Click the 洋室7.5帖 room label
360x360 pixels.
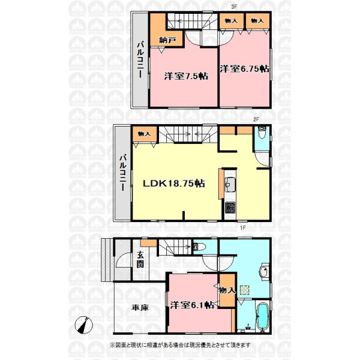[186, 76]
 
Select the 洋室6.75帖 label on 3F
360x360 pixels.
[244, 68]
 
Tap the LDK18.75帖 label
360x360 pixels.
[174, 183]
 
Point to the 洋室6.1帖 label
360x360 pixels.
[192, 305]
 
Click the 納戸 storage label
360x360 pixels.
[167, 40]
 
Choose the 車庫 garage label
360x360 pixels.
[140, 307]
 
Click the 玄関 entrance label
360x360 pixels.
[140, 260]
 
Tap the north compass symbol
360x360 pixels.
[84, 325]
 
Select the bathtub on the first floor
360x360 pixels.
[262, 317]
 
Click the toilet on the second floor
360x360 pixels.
[262, 133]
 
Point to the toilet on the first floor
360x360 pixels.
[200, 247]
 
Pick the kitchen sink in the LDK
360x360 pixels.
[230, 185]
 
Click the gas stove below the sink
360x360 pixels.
[230, 208]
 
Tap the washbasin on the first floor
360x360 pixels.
[264, 272]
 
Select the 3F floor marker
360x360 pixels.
[234, 7]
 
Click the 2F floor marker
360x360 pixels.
[256, 119]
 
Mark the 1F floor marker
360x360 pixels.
[243, 227]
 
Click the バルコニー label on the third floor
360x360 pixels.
[140, 59]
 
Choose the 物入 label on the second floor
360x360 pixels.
[144, 134]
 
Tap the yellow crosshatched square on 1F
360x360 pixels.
[245, 290]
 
